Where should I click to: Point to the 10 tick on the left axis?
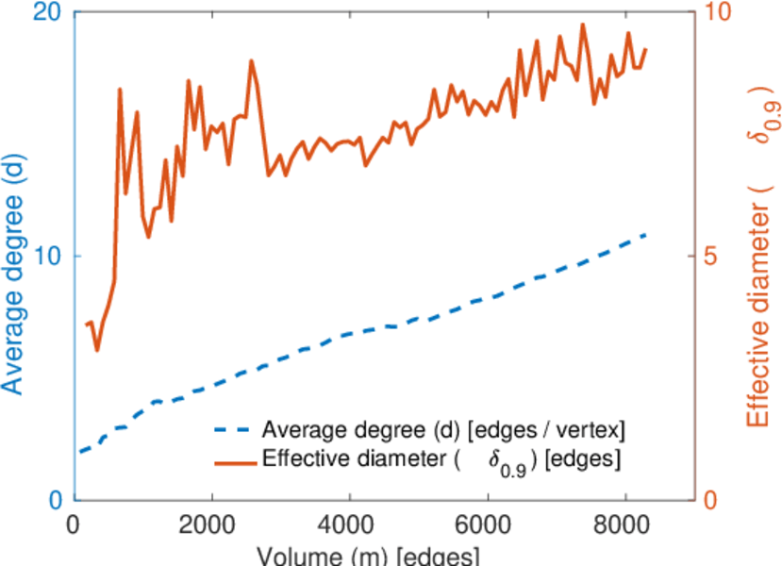tap(43, 257)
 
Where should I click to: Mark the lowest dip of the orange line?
tap(96, 350)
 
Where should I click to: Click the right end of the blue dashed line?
tap(646, 233)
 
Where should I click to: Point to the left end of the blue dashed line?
tap(81, 452)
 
